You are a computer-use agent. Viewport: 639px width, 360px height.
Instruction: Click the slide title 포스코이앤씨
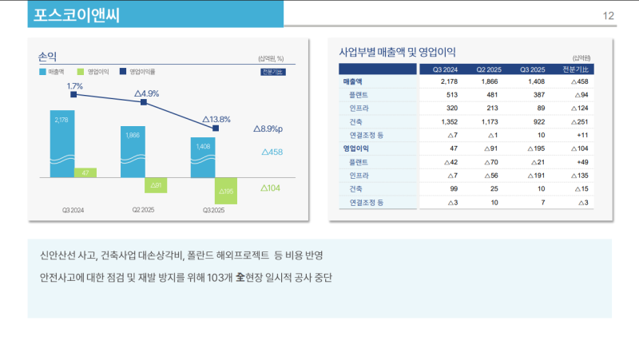77,15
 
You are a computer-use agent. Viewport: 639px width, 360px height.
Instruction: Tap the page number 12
608,16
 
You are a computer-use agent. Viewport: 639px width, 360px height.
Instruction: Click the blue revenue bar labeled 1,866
133,152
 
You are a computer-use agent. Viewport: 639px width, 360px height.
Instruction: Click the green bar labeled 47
85,172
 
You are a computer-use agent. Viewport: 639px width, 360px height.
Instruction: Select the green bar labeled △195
226,191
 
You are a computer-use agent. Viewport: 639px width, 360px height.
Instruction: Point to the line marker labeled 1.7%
73,94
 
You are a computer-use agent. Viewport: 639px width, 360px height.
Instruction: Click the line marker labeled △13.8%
215,128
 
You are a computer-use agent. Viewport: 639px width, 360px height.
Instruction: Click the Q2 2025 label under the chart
143,210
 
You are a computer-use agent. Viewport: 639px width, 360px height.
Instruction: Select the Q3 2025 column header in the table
532,69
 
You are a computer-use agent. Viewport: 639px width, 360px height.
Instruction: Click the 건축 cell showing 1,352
449,121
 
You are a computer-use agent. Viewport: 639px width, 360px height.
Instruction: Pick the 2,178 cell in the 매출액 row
449,81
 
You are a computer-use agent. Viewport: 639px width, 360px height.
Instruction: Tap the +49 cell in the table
581,162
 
